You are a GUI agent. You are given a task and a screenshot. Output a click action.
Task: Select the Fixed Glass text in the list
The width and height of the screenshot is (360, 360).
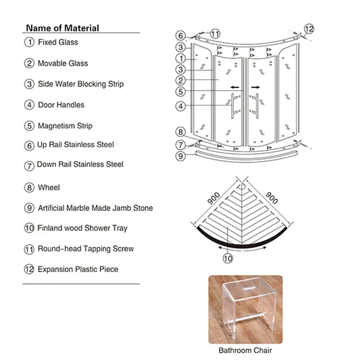58,42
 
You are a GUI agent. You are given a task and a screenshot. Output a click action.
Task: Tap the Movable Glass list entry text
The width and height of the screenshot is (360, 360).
63,63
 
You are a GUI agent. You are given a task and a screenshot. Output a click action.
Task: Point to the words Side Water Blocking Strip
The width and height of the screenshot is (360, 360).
81,84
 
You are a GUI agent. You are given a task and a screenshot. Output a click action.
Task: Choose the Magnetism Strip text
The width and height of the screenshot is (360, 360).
65,126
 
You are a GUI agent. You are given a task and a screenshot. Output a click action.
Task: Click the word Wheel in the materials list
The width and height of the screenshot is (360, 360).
49,187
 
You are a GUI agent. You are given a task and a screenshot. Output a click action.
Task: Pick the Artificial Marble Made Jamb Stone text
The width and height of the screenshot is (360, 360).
96,208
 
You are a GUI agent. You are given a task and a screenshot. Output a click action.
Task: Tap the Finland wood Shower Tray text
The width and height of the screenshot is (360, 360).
83,228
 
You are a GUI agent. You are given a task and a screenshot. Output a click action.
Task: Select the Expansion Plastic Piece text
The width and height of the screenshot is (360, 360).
78,269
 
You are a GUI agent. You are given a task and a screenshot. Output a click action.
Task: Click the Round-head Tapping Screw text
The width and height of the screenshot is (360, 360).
86,249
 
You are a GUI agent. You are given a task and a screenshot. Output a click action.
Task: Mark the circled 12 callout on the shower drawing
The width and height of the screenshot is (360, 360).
309,29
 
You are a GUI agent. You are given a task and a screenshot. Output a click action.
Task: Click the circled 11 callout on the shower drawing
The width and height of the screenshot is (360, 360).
215,34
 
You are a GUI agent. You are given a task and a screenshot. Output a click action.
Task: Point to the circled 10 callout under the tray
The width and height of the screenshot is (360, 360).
228,258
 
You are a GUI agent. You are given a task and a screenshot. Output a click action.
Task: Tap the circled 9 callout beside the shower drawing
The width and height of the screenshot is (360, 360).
180,156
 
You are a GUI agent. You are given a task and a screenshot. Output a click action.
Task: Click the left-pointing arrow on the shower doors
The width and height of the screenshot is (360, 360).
235,87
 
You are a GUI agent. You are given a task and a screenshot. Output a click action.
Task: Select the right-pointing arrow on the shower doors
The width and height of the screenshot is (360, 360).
255,87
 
